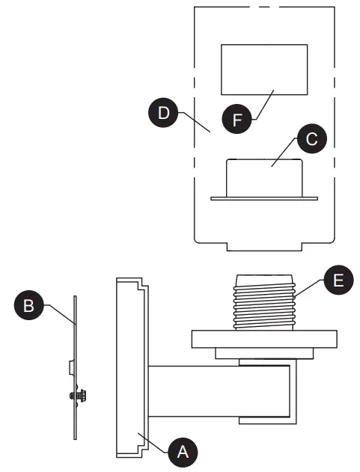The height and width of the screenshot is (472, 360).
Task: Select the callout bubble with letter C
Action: tap(311, 139)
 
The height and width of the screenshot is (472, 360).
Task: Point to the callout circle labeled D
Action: tap(162, 114)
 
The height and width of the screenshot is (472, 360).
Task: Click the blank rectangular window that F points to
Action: tap(263, 69)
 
